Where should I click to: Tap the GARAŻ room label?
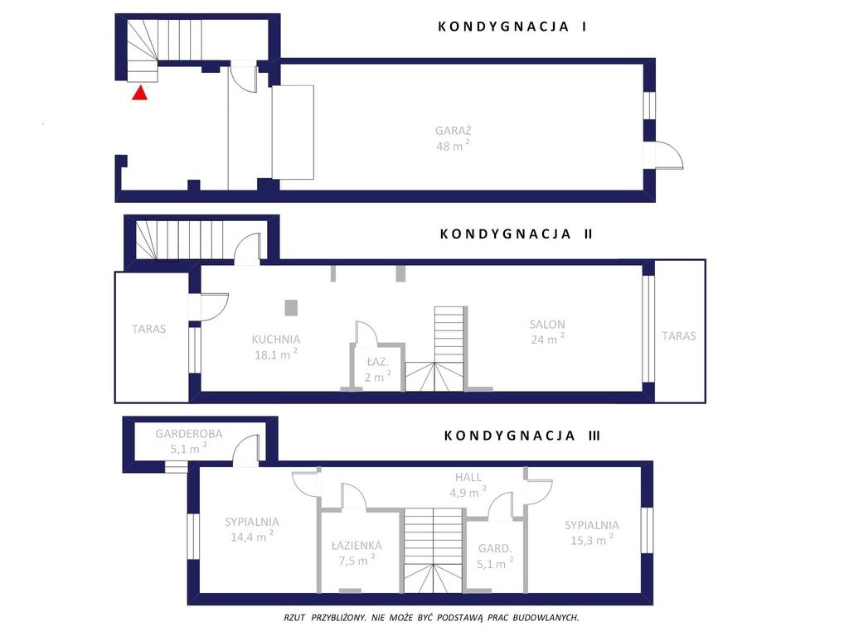[x=454, y=130]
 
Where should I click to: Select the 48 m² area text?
[x=453, y=146]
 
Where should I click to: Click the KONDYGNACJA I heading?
[x=512, y=26]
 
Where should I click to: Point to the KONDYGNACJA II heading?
[x=516, y=234]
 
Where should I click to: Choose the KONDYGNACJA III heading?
[x=522, y=436]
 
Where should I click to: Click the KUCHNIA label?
[x=275, y=339]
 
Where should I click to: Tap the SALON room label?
[x=547, y=325]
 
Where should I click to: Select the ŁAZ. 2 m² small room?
[x=377, y=369]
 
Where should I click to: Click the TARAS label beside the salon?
[x=679, y=336]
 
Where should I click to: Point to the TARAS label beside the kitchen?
[x=149, y=329]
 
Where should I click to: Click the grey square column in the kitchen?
[x=291, y=308]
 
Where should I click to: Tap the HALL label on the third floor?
[x=468, y=477]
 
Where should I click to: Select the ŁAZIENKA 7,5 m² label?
[x=357, y=553]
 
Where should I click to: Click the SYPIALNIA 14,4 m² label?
[x=252, y=529]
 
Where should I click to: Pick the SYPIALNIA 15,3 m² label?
[x=592, y=532]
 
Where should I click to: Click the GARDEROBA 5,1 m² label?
[x=189, y=441]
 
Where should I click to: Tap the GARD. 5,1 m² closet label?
[x=495, y=556]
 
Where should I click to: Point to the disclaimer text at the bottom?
[x=431, y=617]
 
